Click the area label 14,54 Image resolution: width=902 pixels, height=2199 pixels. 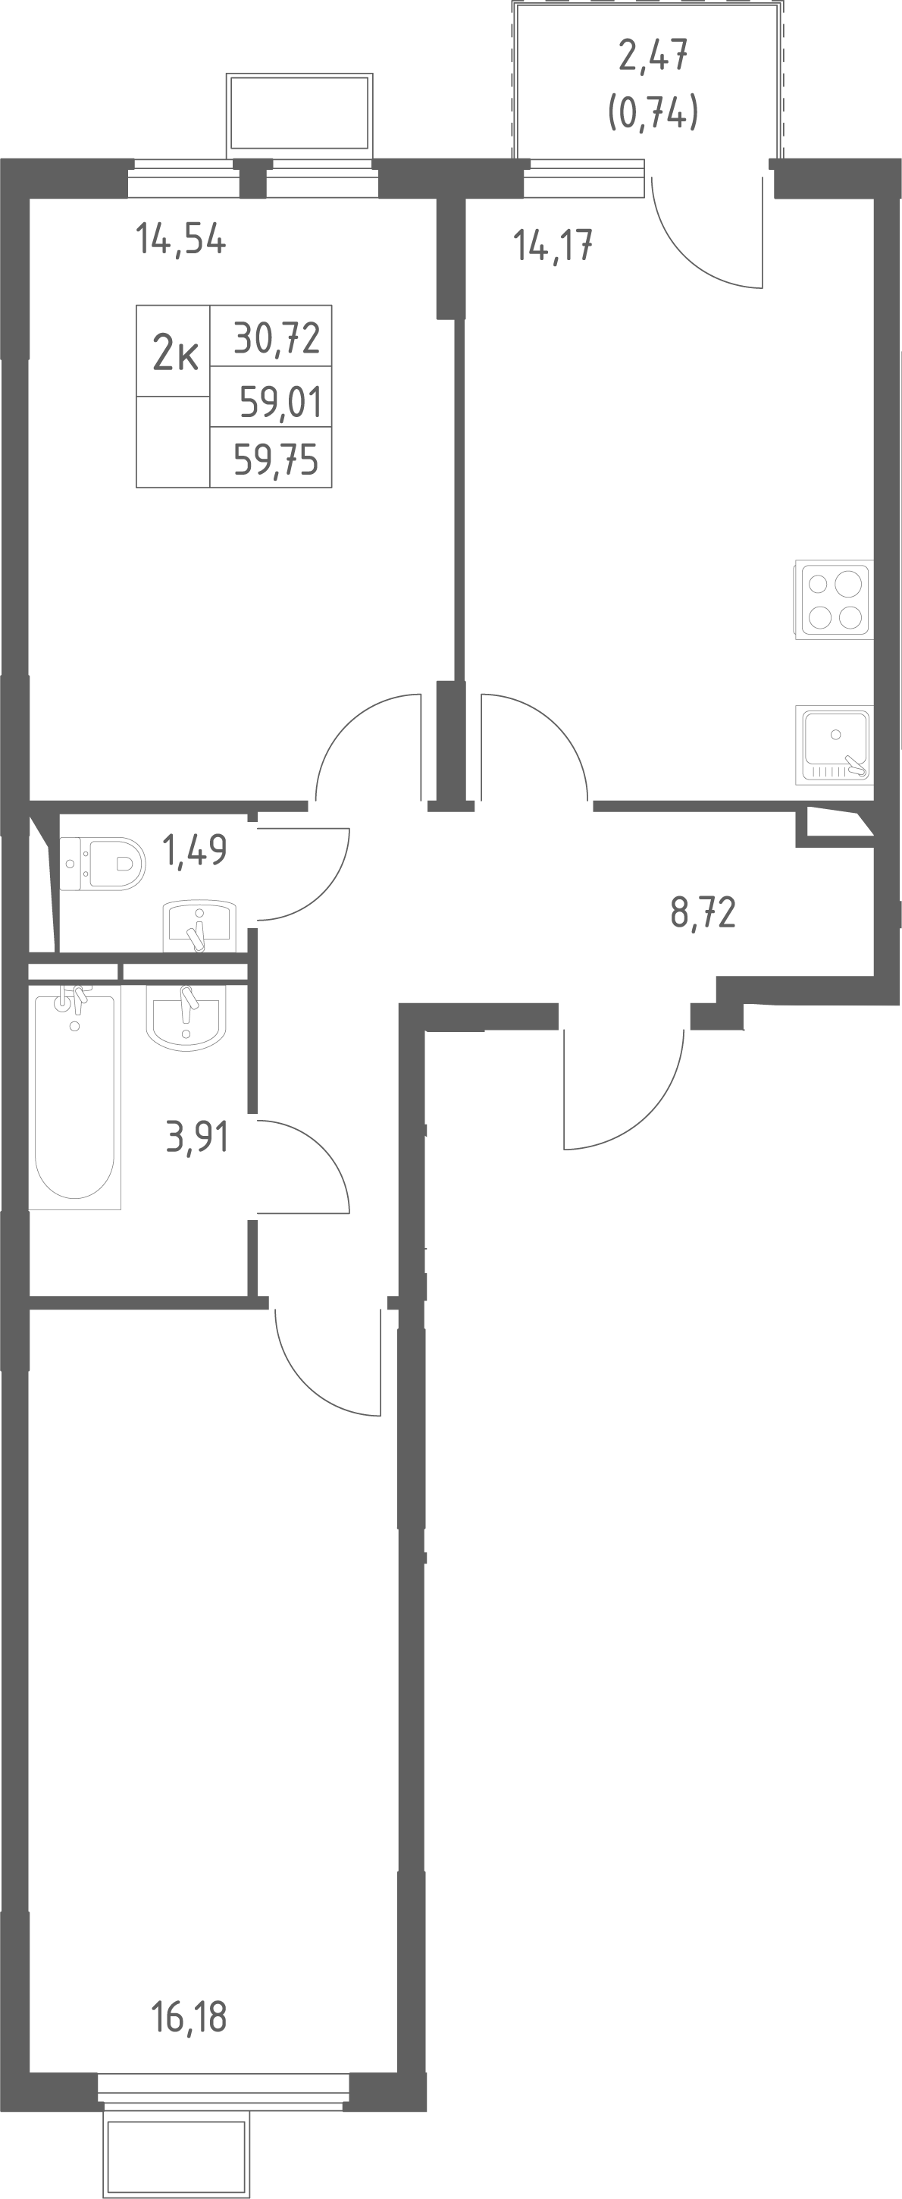(x=181, y=240)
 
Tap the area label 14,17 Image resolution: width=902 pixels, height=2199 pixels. (x=553, y=246)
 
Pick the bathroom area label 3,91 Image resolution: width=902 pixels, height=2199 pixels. (x=197, y=1138)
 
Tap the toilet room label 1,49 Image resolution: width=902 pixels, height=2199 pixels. (x=195, y=850)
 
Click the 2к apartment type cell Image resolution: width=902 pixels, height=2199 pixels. (x=174, y=352)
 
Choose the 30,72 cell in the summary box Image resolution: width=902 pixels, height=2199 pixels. (x=271, y=337)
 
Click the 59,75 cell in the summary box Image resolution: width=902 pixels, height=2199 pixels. (x=271, y=456)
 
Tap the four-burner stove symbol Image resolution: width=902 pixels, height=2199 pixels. (x=834, y=599)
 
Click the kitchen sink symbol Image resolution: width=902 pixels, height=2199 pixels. (x=834, y=745)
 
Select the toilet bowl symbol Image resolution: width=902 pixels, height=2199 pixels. (x=102, y=864)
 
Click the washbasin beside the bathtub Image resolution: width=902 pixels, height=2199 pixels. (x=186, y=1018)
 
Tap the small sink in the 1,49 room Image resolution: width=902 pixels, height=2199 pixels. (x=199, y=925)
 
